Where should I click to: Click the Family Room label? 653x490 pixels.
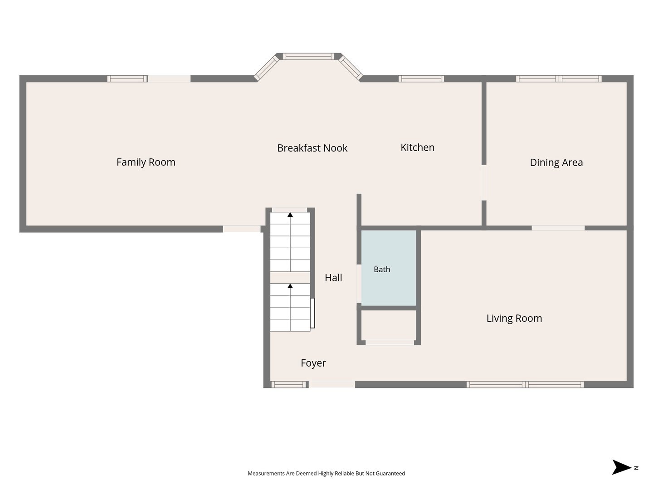pos(146,162)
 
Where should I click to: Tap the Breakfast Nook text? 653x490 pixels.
pos(312,148)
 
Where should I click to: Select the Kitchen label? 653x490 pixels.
pos(417,147)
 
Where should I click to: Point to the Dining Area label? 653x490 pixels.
pos(556,162)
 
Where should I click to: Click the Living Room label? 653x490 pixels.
pos(514,318)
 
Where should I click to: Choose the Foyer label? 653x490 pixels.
pos(313,363)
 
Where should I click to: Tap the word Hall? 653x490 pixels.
pos(333,278)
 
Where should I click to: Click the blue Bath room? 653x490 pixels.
pos(389,268)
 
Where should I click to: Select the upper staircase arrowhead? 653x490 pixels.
pos(290,215)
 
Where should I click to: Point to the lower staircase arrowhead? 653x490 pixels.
pos(290,286)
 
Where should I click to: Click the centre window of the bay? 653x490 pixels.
pos(308,57)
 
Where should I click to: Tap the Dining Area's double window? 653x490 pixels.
pos(559,78)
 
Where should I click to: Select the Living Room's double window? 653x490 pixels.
pos(525,384)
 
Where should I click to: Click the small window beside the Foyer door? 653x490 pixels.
pos(288,384)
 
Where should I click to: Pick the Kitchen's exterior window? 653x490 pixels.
pos(421,78)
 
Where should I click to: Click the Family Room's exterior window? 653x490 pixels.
pos(127,78)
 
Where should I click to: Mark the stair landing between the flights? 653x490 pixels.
pos(290,278)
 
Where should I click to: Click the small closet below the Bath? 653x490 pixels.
pos(389,325)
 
